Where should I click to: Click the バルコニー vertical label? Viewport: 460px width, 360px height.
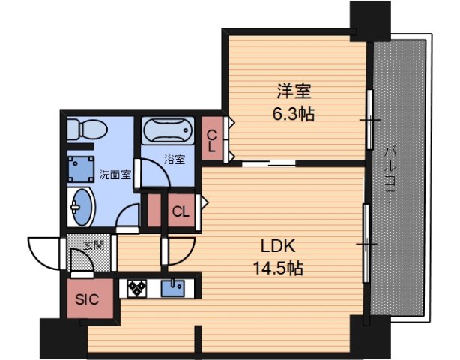click(x=390, y=181)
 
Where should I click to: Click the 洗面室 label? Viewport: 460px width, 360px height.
click(x=115, y=175)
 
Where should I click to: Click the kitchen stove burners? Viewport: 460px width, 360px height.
click(x=139, y=289)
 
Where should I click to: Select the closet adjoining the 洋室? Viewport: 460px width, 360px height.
click(x=213, y=138)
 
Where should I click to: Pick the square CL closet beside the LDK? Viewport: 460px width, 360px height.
click(x=181, y=210)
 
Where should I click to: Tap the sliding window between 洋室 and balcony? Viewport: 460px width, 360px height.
click(x=369, y=120)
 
